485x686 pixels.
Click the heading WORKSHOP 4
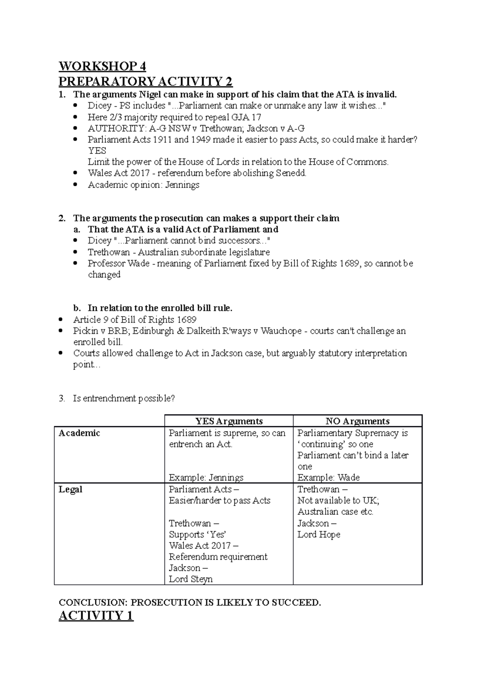point(102,66)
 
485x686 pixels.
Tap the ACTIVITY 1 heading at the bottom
point(96,616)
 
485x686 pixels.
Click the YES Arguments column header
point(229,421)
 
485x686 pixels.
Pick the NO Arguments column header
point(358,421)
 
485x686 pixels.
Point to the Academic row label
point(79,433)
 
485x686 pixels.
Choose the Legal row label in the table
point(70,489)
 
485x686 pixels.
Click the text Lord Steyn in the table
point(190,579)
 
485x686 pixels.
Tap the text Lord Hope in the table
point(318,534)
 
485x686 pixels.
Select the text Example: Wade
point(328,477)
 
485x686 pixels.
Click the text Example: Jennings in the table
point(206,477)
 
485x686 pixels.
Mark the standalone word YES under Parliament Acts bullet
point(97,151)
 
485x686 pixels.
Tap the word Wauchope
point(281,331)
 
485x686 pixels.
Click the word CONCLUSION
point(93,602)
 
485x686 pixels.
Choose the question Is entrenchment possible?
point(124,398)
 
